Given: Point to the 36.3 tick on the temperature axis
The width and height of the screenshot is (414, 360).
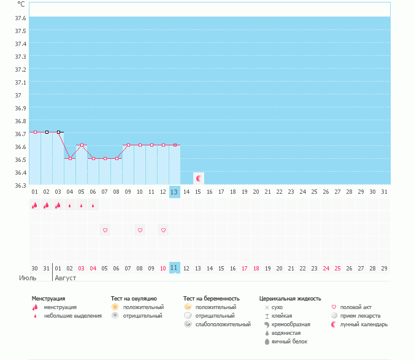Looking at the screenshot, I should coord(20,185).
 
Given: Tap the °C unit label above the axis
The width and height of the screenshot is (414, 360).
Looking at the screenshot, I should coord(21,4).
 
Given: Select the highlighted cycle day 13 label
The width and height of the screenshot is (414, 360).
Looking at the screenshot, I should coord(174,192).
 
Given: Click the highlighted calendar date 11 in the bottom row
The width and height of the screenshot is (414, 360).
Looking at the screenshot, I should coord(174,268).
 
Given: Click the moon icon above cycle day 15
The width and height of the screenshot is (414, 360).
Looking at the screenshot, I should coord(198,178).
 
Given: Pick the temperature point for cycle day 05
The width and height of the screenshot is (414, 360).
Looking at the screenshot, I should coord(82,145).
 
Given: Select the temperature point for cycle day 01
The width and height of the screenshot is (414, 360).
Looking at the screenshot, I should coord(35,132).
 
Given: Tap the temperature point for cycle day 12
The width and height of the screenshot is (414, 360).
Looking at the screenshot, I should coord(163,145).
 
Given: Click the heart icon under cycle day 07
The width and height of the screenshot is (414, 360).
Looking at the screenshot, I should coord(105,230).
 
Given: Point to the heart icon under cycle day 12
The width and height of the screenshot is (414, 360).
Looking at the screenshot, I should coord(163,230).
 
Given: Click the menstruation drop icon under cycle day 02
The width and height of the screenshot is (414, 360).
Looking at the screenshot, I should coord(47,205).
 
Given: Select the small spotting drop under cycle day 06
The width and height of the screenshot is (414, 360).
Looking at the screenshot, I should coord(93,206).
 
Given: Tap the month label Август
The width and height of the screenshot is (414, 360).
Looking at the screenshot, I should coord(66,278).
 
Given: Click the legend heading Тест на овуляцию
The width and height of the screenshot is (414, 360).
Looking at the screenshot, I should coord(134,298).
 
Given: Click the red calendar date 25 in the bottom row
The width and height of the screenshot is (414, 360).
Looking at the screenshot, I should coord(337,268).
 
